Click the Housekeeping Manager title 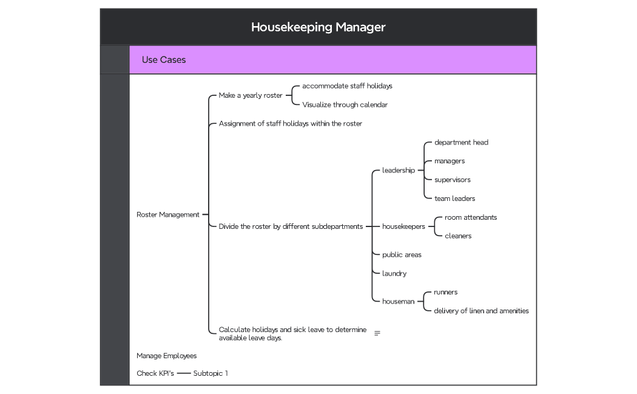(318, 27)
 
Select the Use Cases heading (164, 59)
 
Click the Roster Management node (168, 214)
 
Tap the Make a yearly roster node (251, 95)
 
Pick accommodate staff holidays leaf (347, 86)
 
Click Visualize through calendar (345, 104)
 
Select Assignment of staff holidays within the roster (290, 123)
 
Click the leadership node (399, 170)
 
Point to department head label (461, 142)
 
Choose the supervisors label (452, 180)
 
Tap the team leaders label (454, 199)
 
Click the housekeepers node (403, 226)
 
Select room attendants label (471, 217)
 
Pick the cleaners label (458, 236)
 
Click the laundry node (394, 273)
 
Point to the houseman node (399, 301)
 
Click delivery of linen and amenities (481, 311)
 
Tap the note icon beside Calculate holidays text (377, 333)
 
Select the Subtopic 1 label (211, 373)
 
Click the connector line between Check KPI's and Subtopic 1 (184, 373)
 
